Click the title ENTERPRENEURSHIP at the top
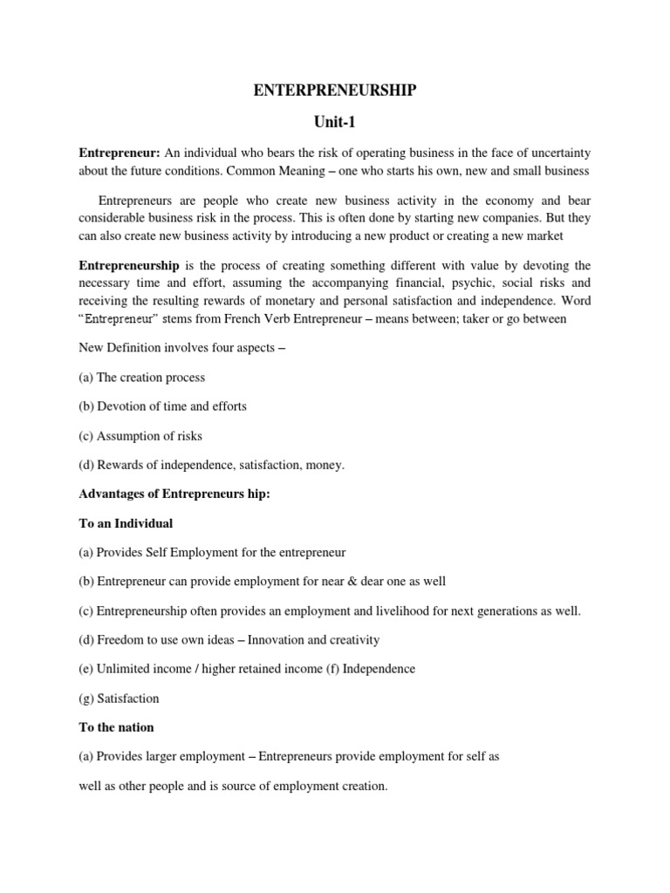coord(334,91)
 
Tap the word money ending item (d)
coord(324,465)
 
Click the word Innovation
coord(280,640)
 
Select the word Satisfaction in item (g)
coord(128,699)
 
